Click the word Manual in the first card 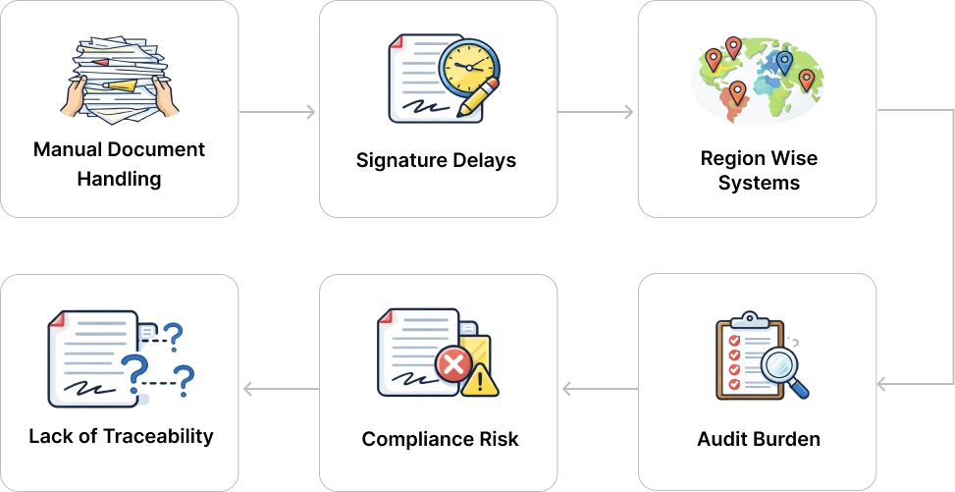tap(65, 150)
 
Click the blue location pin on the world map tap(783, 63)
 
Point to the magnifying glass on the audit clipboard tap(782, 368)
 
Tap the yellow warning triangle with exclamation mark tap(480, 379)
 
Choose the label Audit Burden tap(758, 438)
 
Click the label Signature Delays tap(436, 160)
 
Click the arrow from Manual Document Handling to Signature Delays tap(279, 116)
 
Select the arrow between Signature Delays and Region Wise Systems tap(597, 116)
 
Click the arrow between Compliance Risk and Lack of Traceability tap(279, 390)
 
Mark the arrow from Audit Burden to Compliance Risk tap(597, 390)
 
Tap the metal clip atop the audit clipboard tap(750, 319)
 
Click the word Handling tap(120, 179)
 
